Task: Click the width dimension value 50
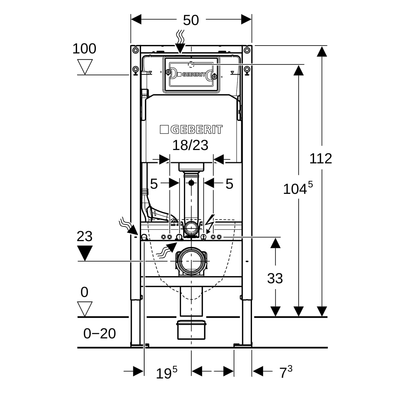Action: coord(191,20)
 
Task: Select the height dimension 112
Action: coord(321,159)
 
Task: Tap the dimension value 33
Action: coord(275,278)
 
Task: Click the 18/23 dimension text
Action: coord(190,145)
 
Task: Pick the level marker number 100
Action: coord(84,49)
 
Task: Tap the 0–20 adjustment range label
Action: coord(100,333)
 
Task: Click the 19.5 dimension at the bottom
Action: coord(166,373)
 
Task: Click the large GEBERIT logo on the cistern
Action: coord(191,129)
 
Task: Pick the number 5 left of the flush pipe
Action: coord(154,184)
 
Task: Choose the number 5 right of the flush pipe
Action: coord(229,184)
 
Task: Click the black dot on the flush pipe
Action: coord(191,183)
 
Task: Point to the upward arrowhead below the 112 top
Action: coord(321,51)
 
